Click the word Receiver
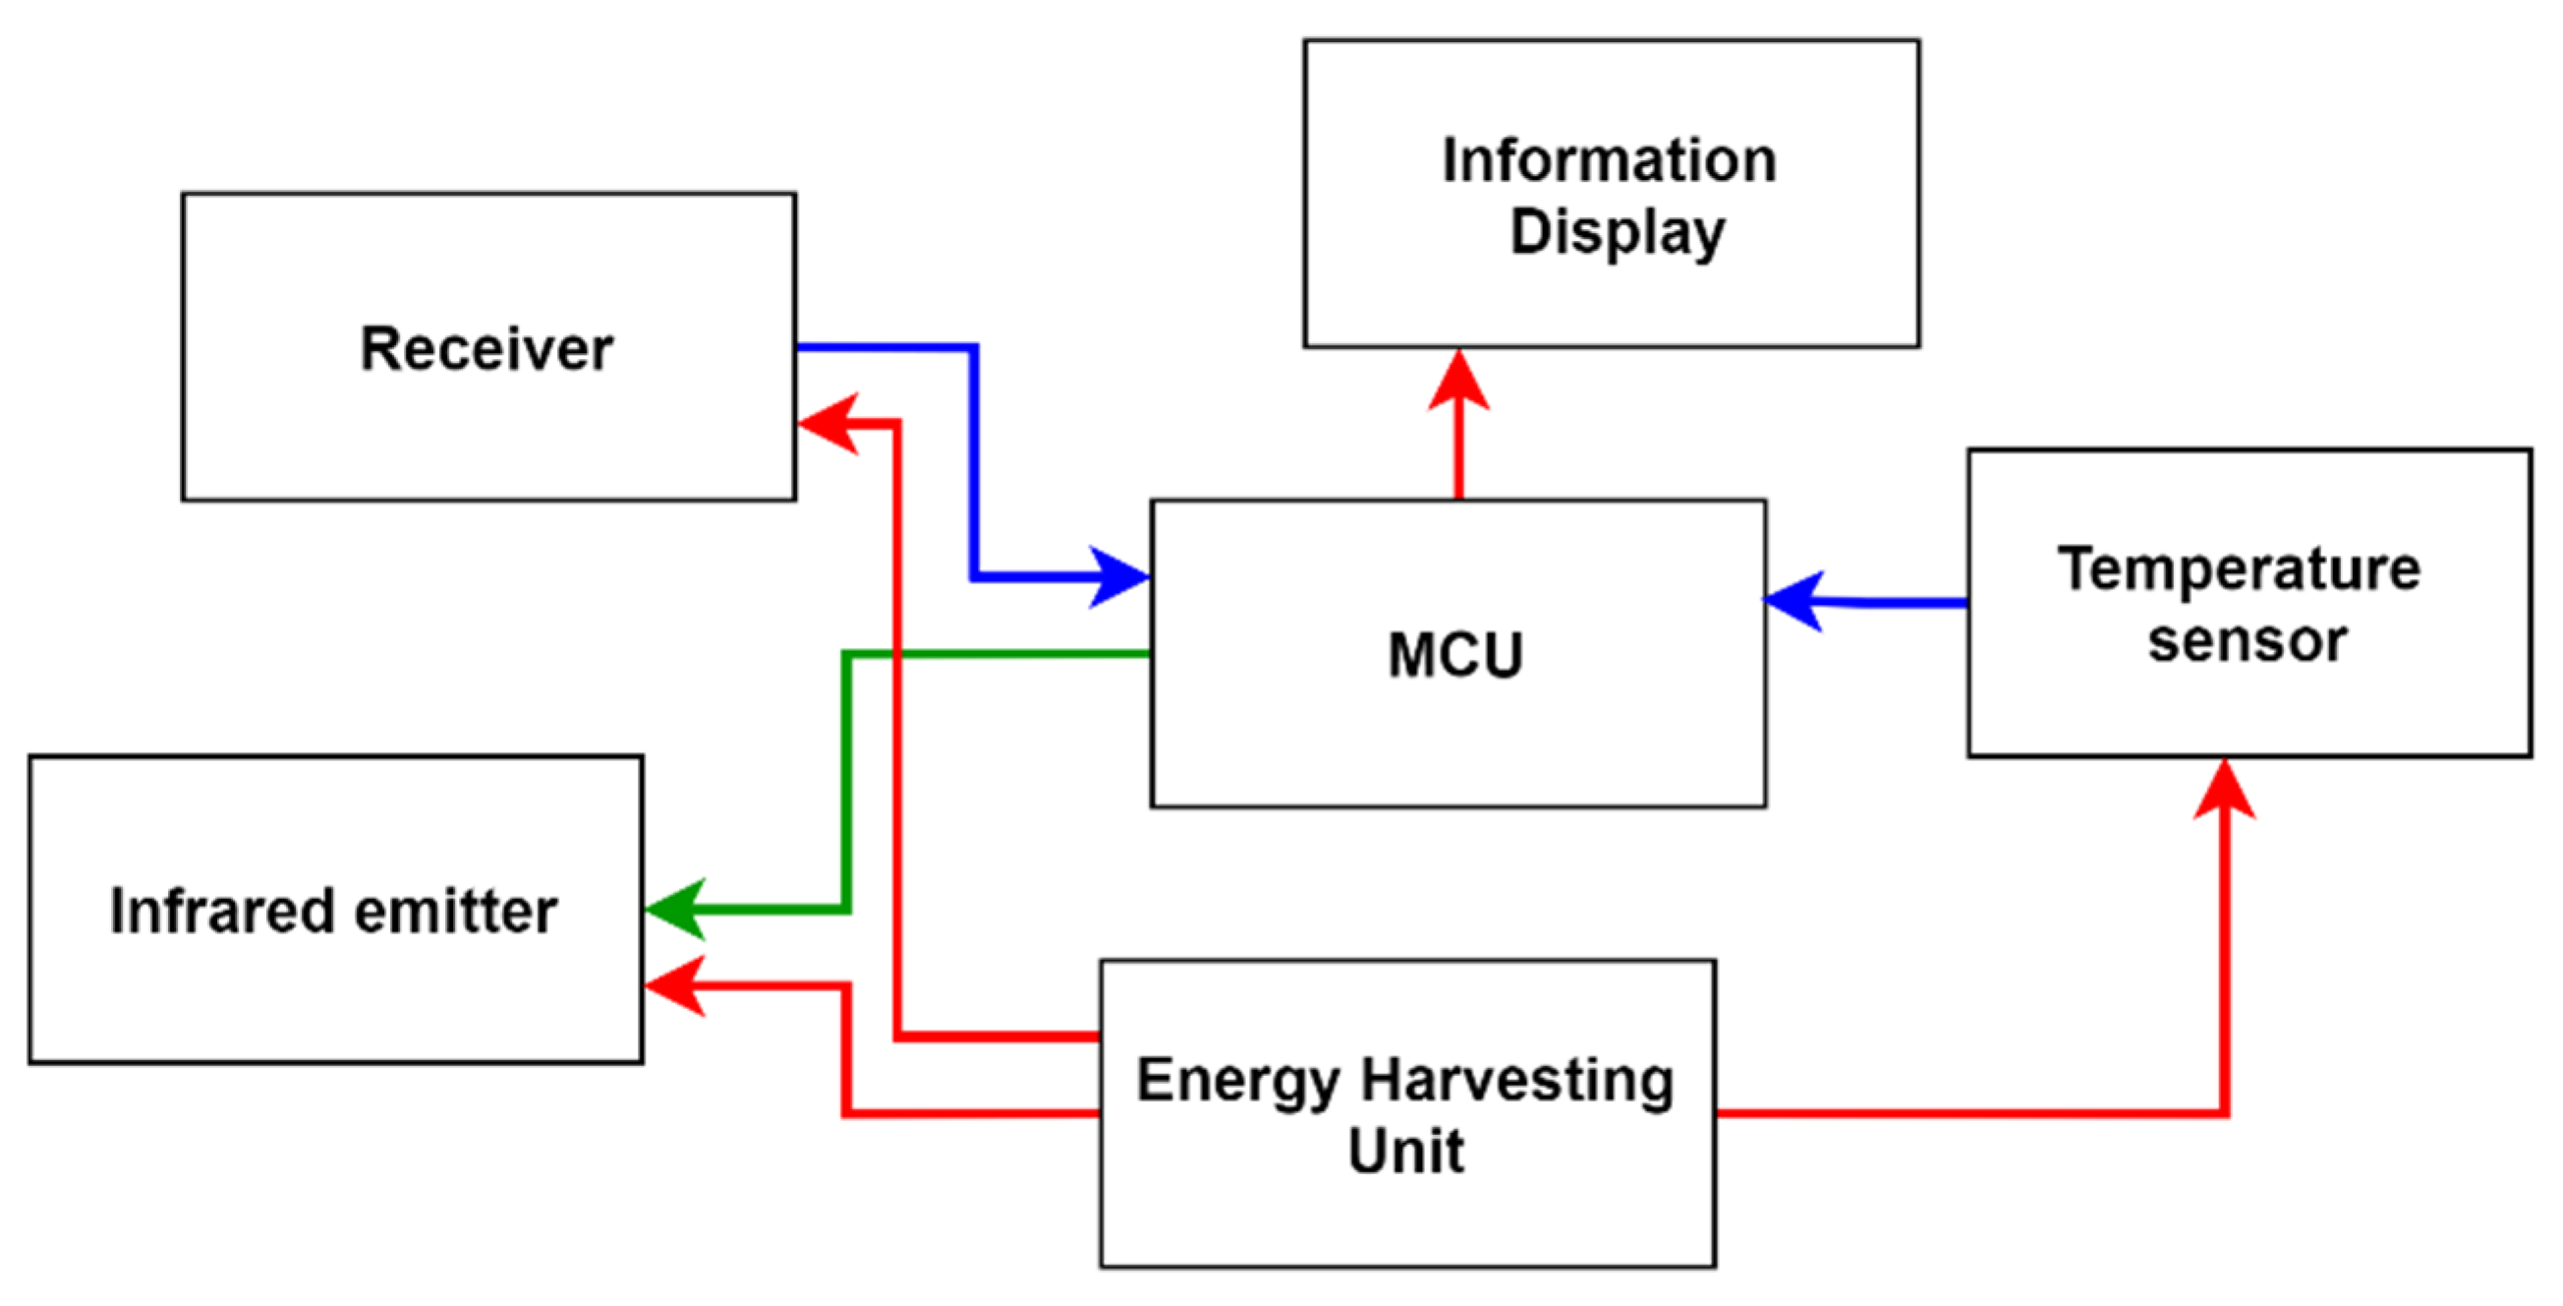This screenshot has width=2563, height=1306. click(x=486, y=349)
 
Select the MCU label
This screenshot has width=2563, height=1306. click(x=1455, y=655)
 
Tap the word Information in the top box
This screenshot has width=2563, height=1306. click(x=1609, y=160)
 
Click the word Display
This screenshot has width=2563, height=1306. click(x=1618, y=233)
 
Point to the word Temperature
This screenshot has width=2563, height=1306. click(x=2239, y=570)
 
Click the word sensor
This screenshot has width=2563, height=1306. click(x=2248, y=641)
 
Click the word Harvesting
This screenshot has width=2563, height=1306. click(x=1517, y=1081)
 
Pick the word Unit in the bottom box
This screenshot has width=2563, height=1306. click(x=1406, y=1152)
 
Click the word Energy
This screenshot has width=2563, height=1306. click(x=1237, y=1081)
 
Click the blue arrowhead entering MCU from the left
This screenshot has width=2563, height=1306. click(x=1119, y=576)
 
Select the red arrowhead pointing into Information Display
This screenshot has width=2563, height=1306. click(x=1458, y=381)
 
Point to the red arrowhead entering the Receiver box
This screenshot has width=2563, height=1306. click(x=828, y=424)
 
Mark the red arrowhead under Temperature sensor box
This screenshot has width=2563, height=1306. click(x=2224, y=792)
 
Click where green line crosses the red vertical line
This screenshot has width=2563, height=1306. click(x=897, y=654)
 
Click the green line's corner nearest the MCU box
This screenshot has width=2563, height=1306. click(x=847, y=654)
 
